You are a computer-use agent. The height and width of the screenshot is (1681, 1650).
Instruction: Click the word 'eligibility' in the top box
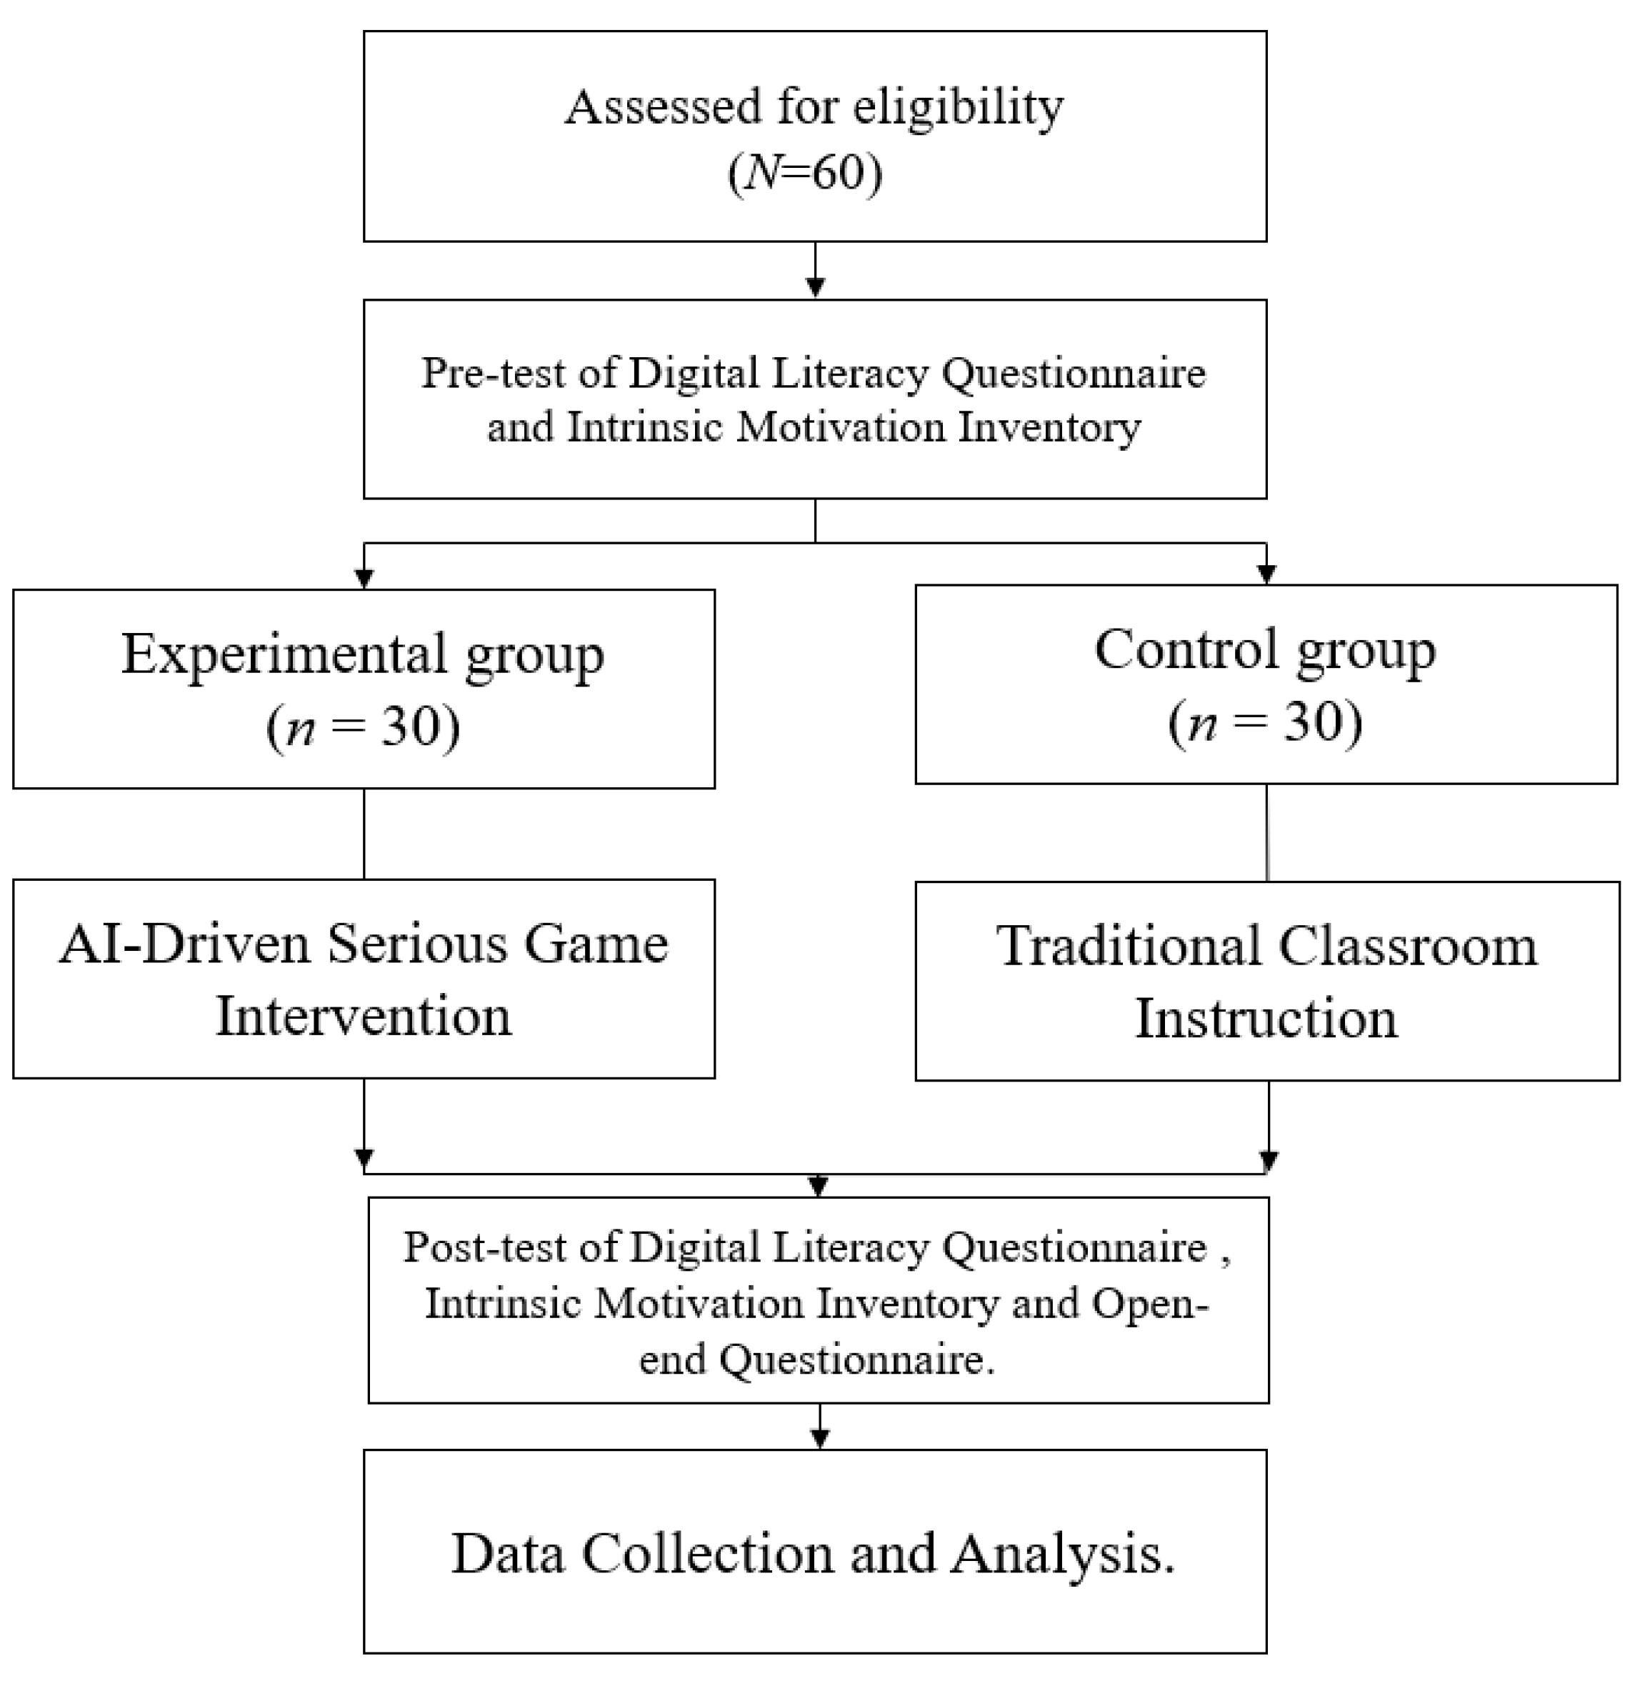958,109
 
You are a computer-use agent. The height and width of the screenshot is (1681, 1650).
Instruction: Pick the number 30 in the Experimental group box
409,727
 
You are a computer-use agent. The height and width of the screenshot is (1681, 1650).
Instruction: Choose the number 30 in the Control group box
1312,722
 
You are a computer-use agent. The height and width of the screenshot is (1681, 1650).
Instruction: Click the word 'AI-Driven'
184,944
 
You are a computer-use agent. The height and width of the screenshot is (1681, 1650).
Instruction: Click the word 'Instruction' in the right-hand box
1266,1019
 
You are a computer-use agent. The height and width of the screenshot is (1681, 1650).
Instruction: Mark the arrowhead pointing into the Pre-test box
816,287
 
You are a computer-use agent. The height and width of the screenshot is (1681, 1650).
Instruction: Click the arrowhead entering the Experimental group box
364,578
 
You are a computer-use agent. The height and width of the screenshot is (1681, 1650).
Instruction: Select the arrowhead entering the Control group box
1267,574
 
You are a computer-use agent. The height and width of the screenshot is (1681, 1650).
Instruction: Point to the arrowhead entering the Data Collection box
820,1438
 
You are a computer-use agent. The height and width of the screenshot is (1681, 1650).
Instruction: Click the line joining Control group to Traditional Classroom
1267,832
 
